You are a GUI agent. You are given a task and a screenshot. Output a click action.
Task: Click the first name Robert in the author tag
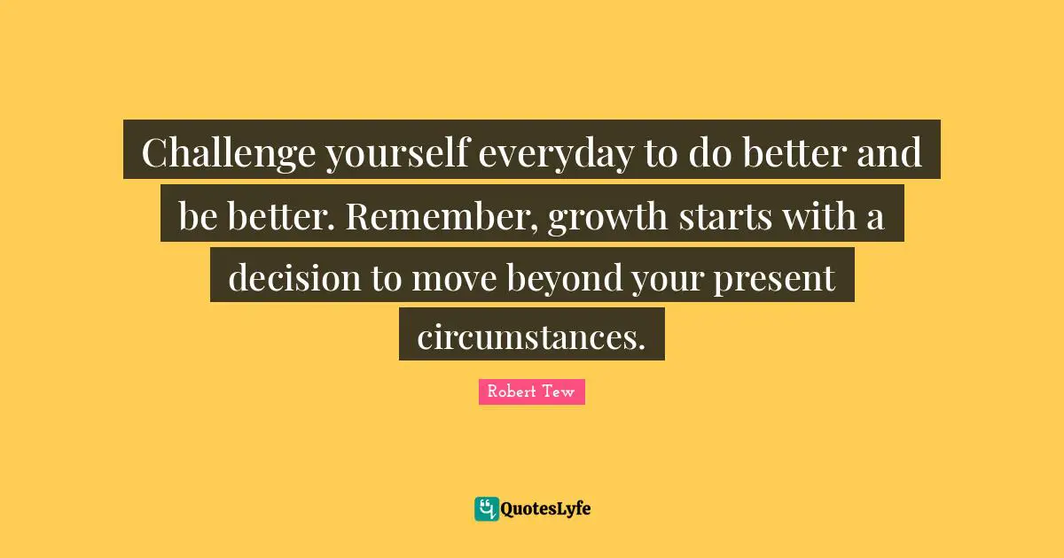[x=511, y=391]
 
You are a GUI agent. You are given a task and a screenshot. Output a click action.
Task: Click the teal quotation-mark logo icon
[x=486, y=508]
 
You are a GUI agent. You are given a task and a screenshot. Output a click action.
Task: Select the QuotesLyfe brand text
[x=546, y=508]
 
